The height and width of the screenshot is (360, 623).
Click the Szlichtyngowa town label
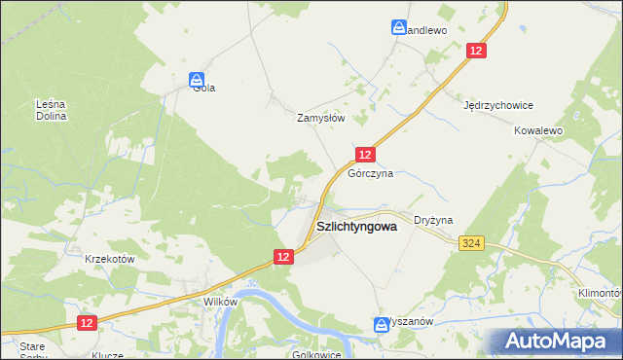[x=356, y=227]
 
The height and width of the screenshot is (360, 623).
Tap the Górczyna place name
[x=370, y=174]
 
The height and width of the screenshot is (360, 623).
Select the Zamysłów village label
[x=321, y=117]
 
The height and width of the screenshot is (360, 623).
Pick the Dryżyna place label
[x=433, y=221]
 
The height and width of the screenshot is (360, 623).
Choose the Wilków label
[x=220, y=302]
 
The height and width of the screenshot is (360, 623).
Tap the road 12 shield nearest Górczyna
[x=364, y=155]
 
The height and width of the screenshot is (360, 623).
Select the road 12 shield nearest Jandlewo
[x=476, y=51]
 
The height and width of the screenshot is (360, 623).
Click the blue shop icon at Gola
[x=197, y=78]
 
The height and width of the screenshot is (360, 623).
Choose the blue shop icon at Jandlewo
[x=399, y=28]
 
